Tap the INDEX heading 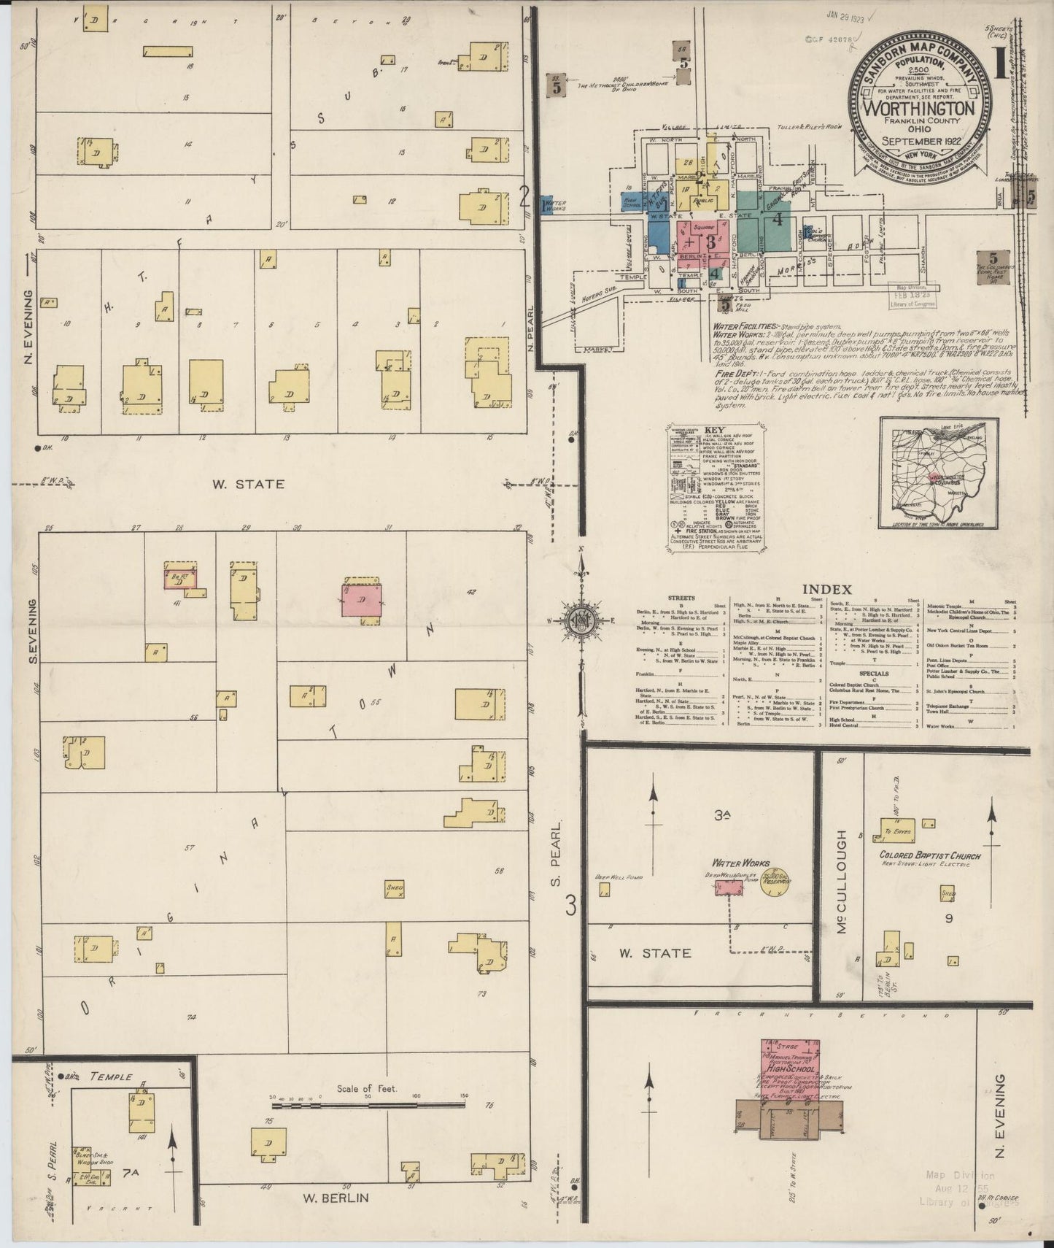[826, 588]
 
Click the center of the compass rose [582, 620]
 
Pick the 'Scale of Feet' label [366, 1089]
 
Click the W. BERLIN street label [336, 1198]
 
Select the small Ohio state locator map [939, 473]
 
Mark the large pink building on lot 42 [362, 602]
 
